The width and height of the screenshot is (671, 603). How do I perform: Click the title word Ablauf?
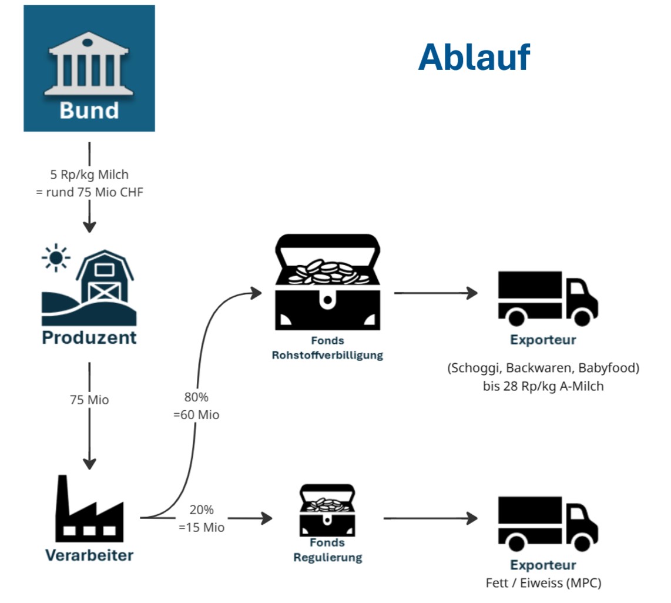pos(474,57)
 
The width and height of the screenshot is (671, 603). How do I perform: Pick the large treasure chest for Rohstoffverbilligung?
pos(327,282)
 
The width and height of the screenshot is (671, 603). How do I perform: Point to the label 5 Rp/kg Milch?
pos(89,175)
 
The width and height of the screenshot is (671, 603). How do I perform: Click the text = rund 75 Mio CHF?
pos(89,192)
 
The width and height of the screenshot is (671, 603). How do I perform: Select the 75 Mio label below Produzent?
pos(89,400)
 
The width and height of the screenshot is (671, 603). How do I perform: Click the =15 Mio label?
pos(202,527)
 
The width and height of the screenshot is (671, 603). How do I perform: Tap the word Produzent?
pos(89,338)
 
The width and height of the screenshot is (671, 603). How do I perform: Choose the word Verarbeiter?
pos(89,555)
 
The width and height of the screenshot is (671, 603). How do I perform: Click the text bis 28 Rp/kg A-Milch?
pos(543,386)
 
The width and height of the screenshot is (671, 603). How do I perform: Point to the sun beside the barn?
pos(56,258)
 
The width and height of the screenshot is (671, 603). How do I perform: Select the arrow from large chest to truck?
pos(435,292)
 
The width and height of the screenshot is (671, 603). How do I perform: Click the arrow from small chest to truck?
pos(429,518)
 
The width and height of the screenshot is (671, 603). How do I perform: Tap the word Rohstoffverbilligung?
pos(327,356)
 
